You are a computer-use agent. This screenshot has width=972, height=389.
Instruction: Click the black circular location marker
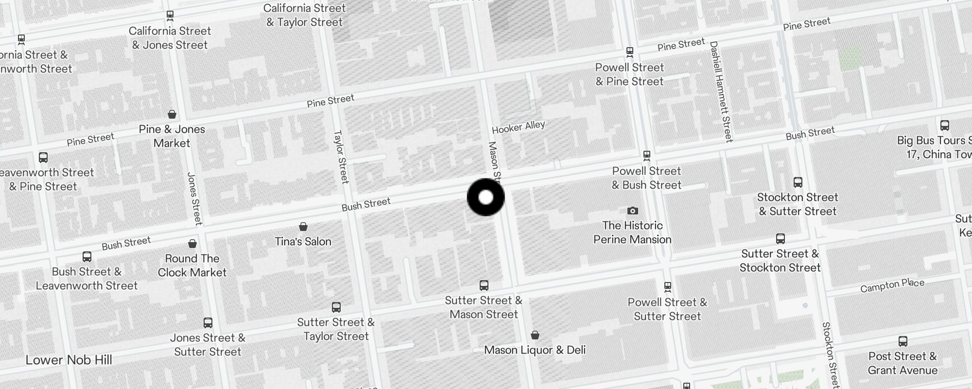tap(486, 197)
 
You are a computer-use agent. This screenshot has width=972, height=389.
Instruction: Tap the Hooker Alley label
tap(518, 127)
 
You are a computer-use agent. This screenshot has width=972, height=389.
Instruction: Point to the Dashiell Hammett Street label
tap(721, 91)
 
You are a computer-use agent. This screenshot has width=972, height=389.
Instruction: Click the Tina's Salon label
tap(303, 241)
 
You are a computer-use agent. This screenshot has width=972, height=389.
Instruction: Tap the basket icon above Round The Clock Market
tap(192, 244)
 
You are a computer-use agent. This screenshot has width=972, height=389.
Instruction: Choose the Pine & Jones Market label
tap(172, 136)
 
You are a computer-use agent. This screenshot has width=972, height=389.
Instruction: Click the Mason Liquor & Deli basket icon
tap(535, 335)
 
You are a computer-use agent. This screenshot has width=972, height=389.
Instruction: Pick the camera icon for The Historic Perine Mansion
tap(632, 211)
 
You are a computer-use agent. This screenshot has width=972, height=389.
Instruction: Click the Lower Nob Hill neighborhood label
tap(69, 360)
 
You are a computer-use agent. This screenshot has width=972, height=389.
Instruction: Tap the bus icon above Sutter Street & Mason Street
tap(484, 285)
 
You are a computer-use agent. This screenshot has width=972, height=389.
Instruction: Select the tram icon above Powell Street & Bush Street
tap(646, 156)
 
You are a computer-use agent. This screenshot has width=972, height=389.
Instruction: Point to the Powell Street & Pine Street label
tap(629, 74)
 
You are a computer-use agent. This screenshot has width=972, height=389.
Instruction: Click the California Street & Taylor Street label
tap(305, 15)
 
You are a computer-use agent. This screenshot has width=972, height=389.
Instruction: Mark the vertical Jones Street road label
tap(194, 198)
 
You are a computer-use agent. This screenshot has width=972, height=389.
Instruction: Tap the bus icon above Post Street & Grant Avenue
tap(903, 341)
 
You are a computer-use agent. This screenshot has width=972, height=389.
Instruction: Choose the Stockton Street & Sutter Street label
tap(798, 204)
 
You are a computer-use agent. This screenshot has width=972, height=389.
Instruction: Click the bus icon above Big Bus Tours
tap(944, 125)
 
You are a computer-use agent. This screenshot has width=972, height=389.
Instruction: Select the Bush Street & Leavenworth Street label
tap(87, 279)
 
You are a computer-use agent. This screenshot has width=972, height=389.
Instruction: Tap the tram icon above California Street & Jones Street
tap(170, 16)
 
